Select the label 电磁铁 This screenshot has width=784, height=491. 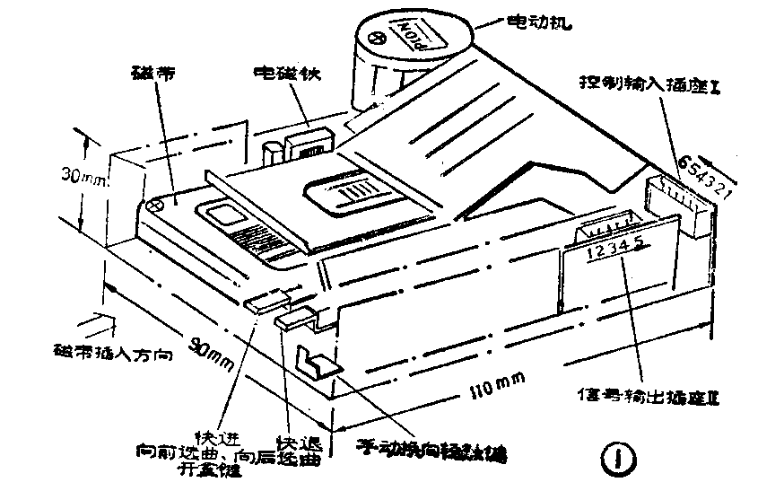[285, 70]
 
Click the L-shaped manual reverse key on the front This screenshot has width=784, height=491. [315, 364]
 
